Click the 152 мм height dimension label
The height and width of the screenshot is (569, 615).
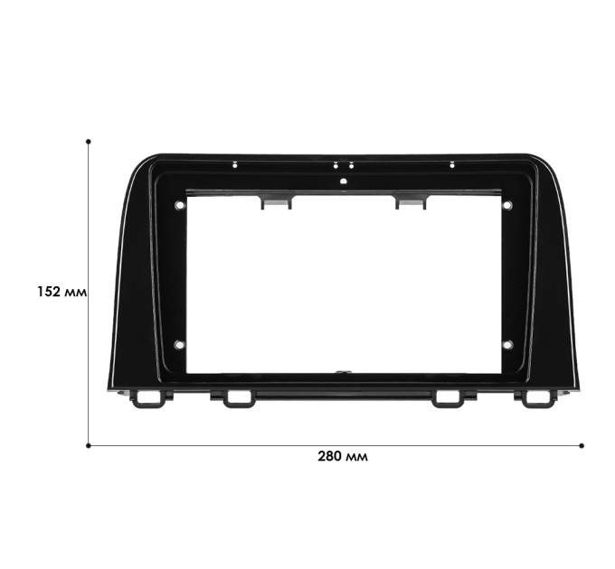coord(61,292)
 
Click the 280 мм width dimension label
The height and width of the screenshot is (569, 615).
coord(343,456)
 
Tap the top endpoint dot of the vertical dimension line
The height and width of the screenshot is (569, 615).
coord(89,142)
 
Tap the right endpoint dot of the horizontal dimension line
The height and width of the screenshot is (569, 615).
coord(582,445)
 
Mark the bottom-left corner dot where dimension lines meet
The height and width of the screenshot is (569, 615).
coord(89,445)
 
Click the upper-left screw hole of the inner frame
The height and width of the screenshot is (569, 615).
coord(179,205)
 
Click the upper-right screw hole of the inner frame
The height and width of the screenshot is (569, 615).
coord(507,205)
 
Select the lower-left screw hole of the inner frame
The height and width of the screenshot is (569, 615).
coord(179,345)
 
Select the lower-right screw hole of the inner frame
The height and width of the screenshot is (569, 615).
coord(507,345)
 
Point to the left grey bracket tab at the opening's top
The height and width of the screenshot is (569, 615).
coord(277,201)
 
